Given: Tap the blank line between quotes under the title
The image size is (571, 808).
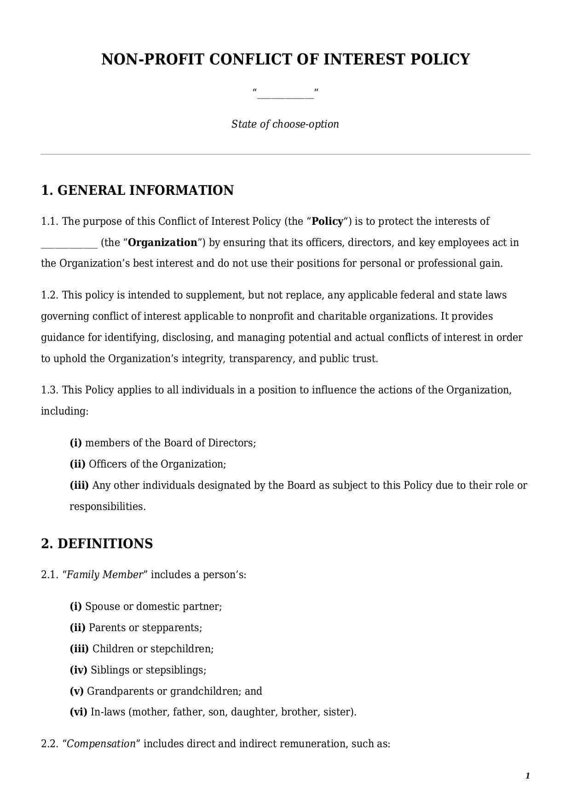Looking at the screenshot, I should coord(285,94).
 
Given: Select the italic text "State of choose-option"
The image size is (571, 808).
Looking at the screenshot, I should coord(285,124).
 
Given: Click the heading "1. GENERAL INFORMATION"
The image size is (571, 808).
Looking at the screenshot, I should coord(137,190).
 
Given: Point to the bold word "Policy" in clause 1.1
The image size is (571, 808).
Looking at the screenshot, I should coord(328,222).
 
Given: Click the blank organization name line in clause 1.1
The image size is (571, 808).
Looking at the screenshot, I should coord(69,244).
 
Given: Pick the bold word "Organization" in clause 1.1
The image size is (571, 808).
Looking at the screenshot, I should coord(162,243).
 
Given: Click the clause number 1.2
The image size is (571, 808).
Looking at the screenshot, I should coord(50,295).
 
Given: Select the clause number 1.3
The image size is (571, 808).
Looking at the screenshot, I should coord(50,390).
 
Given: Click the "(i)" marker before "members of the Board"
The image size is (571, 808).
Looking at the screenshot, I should coord(75,443).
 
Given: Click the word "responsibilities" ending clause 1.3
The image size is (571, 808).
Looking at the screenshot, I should coord(107,507).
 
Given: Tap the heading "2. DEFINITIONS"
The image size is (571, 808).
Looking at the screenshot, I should coord(97,544).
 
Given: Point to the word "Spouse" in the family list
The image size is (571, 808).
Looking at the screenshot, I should coord(103,607).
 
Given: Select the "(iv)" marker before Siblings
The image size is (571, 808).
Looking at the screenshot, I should coord(78,670).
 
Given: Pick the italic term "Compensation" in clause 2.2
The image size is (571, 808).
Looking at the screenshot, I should coord(102,744).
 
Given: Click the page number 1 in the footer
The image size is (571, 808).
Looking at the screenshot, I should coord(528,776).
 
